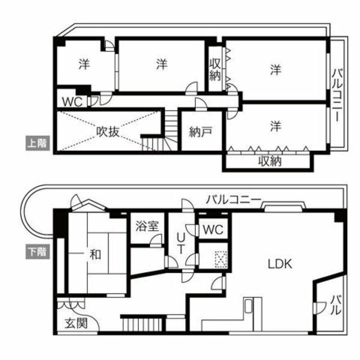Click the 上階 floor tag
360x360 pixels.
coord(37,142)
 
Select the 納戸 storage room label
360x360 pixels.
coord(200,133)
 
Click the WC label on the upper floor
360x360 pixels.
coord(71,102)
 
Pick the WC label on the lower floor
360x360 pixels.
coord(213,229)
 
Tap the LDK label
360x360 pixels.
coord(279,263)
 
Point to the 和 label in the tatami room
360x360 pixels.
coord(95,254)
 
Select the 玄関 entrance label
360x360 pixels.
coord(75,324)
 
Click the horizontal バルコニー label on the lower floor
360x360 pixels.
coord(232,199)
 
